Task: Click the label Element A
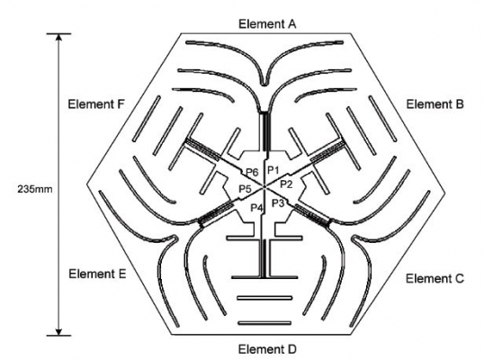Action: tap(267, 23)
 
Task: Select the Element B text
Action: tap(435, 104)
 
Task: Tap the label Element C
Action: tap(435, 278)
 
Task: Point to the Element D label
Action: tap(267, 349)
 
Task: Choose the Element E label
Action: tap(97, 274)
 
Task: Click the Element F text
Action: tap(96, 104)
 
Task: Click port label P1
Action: tap(273, 170)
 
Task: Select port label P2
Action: tap(286, 184)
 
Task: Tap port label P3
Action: tap(278, 202)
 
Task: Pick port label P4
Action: tap(256, 208)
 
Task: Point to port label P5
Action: tap(246, 188)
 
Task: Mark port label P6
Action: tap(252, 172)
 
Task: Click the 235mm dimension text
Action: tap(35, 189)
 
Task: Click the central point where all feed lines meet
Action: tap(264, 186)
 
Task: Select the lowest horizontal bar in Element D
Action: tap(264, 323)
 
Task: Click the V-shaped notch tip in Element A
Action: tap(264, 84)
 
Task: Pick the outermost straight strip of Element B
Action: tap(382, 119)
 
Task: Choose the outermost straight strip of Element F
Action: tap(147, 119)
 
